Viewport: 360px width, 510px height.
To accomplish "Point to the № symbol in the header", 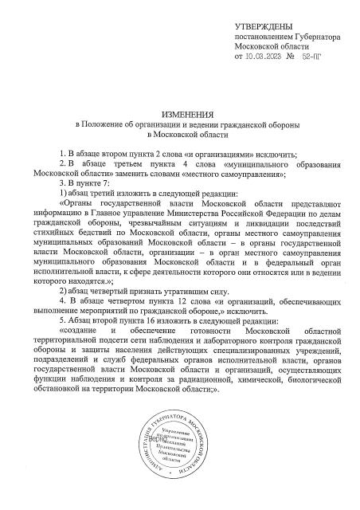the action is (x=291, y=57).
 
